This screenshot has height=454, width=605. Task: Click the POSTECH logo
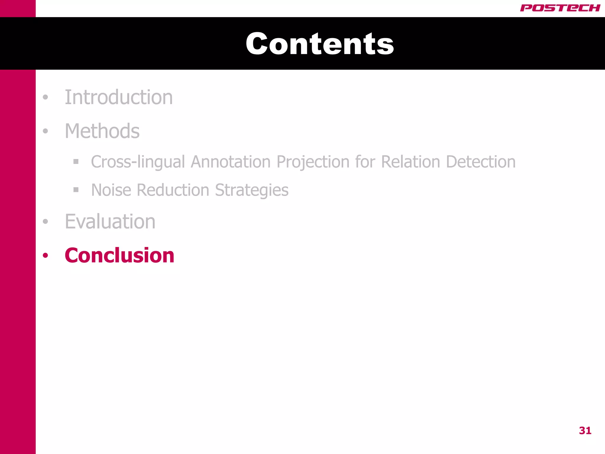tap(560, 8)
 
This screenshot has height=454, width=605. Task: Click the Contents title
tap(320, 44)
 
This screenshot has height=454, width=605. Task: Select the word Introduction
tap(118, 97)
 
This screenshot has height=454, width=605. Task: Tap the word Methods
tap(102, 131)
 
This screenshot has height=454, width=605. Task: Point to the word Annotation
tap(230, 162)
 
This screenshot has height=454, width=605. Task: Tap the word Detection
tap(481, 162)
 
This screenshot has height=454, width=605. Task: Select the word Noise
tap(111, 190)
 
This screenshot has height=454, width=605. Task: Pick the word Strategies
tap(252, 190)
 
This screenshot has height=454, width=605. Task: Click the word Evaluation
tap(110, 221)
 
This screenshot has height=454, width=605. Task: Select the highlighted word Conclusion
tap(119, 255)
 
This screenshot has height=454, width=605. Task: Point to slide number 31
tap(585, 431)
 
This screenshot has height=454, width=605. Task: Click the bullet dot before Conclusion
tap(45, 255)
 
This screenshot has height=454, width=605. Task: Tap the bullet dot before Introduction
tap(45, 97)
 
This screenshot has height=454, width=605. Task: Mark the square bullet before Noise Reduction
tap(76, 190)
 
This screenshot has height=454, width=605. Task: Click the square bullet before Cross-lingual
tap(76, 162)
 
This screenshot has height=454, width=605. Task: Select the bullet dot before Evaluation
tap(45, 221)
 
